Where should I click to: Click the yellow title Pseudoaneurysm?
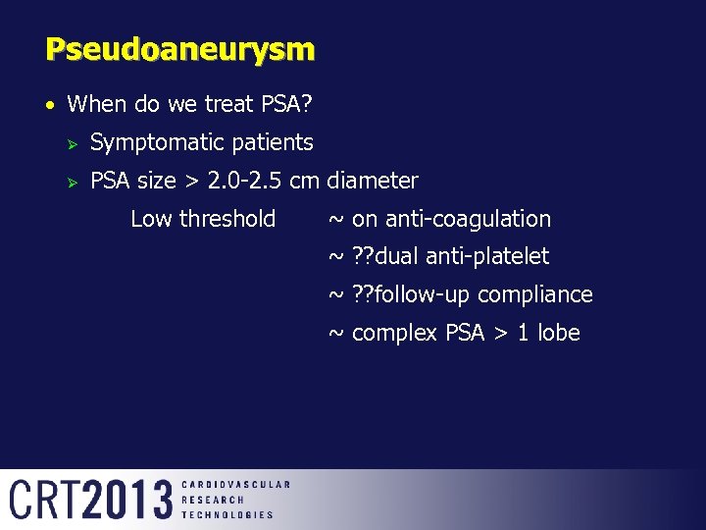tap(179, 49)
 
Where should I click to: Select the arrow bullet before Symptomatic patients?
tap(70, 142)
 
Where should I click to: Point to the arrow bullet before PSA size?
tap(70, 181)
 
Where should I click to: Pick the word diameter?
tap(373, 181)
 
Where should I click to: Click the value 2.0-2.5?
tap(247, 181)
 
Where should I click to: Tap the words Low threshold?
tap(203, 219)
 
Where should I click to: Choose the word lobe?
tap(560, 333)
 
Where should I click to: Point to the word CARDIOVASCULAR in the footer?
tap(235, 485)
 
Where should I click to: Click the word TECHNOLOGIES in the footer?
tap(227, 514)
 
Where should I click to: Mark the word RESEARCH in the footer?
tap(213, 500)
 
